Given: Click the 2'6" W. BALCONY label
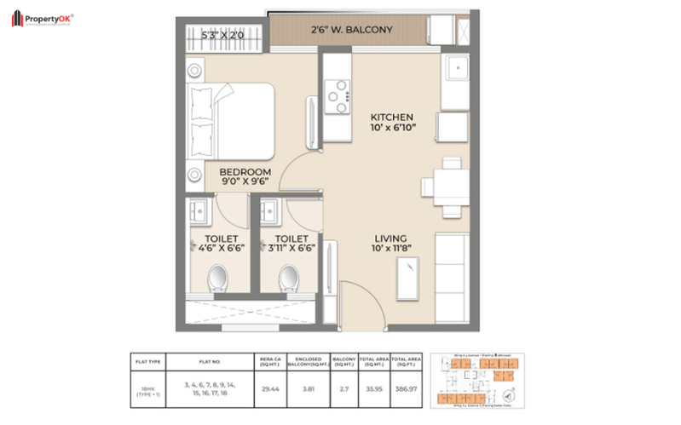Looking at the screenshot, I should [351, 30].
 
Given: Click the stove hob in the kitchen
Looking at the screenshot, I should [338, 95].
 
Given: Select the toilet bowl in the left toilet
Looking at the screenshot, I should [217, 276].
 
